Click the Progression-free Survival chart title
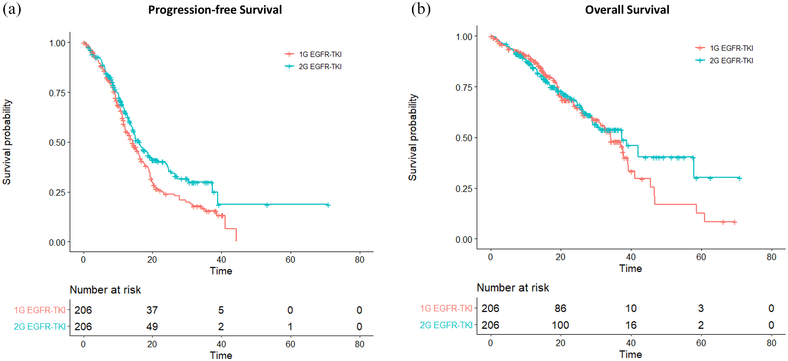pyautogui.click(x=215, y=10)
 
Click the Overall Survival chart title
pyautogui.click(x=627, y=10)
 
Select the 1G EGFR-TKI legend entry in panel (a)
pyautogui.click(x=313, y=54)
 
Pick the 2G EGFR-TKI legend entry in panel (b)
pyautogui.click(x=724, y=60)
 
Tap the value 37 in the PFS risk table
pyautogui.click(x=152, y=310)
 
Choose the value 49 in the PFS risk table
pyautogui.click(x=152, y=326)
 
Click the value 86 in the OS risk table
pyautogui.click(x=560, y=308)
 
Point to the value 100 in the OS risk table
pyautogui.click(x=560, y=325)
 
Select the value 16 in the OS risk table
pyautogui.click(x=631, y=325)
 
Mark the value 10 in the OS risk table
pyautogui.click(x=631, y=308)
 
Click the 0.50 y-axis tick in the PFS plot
pyautogui.click(x=57, y=143)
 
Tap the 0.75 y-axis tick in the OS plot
pyautogui.click(x=464, y=88)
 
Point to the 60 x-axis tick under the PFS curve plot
pyautogui.click(x=290, y=260)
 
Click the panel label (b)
pyautogui.click(x=421, y=9)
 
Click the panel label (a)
pyautogui.click(x=12, y=9)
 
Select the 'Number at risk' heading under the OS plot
pyautogui.click(x=513, y=287)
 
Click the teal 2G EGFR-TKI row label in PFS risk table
pyautogui.click(x=40, y=326)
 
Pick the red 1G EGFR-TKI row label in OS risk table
pyautogui.click(x=446, y=308)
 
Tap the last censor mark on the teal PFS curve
pyautogui.click(x=328, y=205)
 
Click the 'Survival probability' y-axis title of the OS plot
pyautogui.click(x=412, y=137)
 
